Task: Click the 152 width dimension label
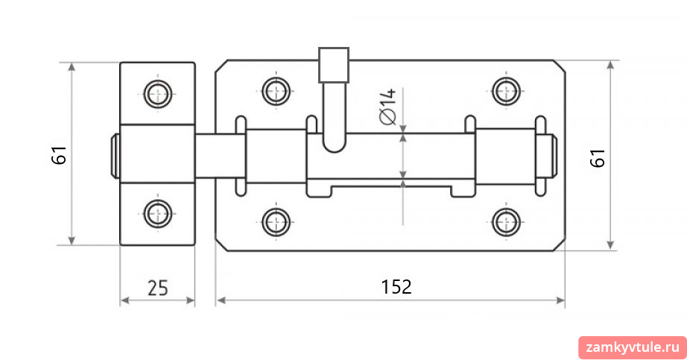pos(396,287)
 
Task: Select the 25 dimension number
pos(158,288)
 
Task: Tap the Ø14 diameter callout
pos(388,107)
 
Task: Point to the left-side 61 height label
pos(59,155)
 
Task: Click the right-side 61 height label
pos(598,158)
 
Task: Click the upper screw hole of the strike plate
pos(158,94)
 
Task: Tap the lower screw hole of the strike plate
pos(158,214)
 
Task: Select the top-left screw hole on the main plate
pos(276,91)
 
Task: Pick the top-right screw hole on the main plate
pos(507,91)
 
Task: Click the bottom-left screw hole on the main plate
pos(276,222)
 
